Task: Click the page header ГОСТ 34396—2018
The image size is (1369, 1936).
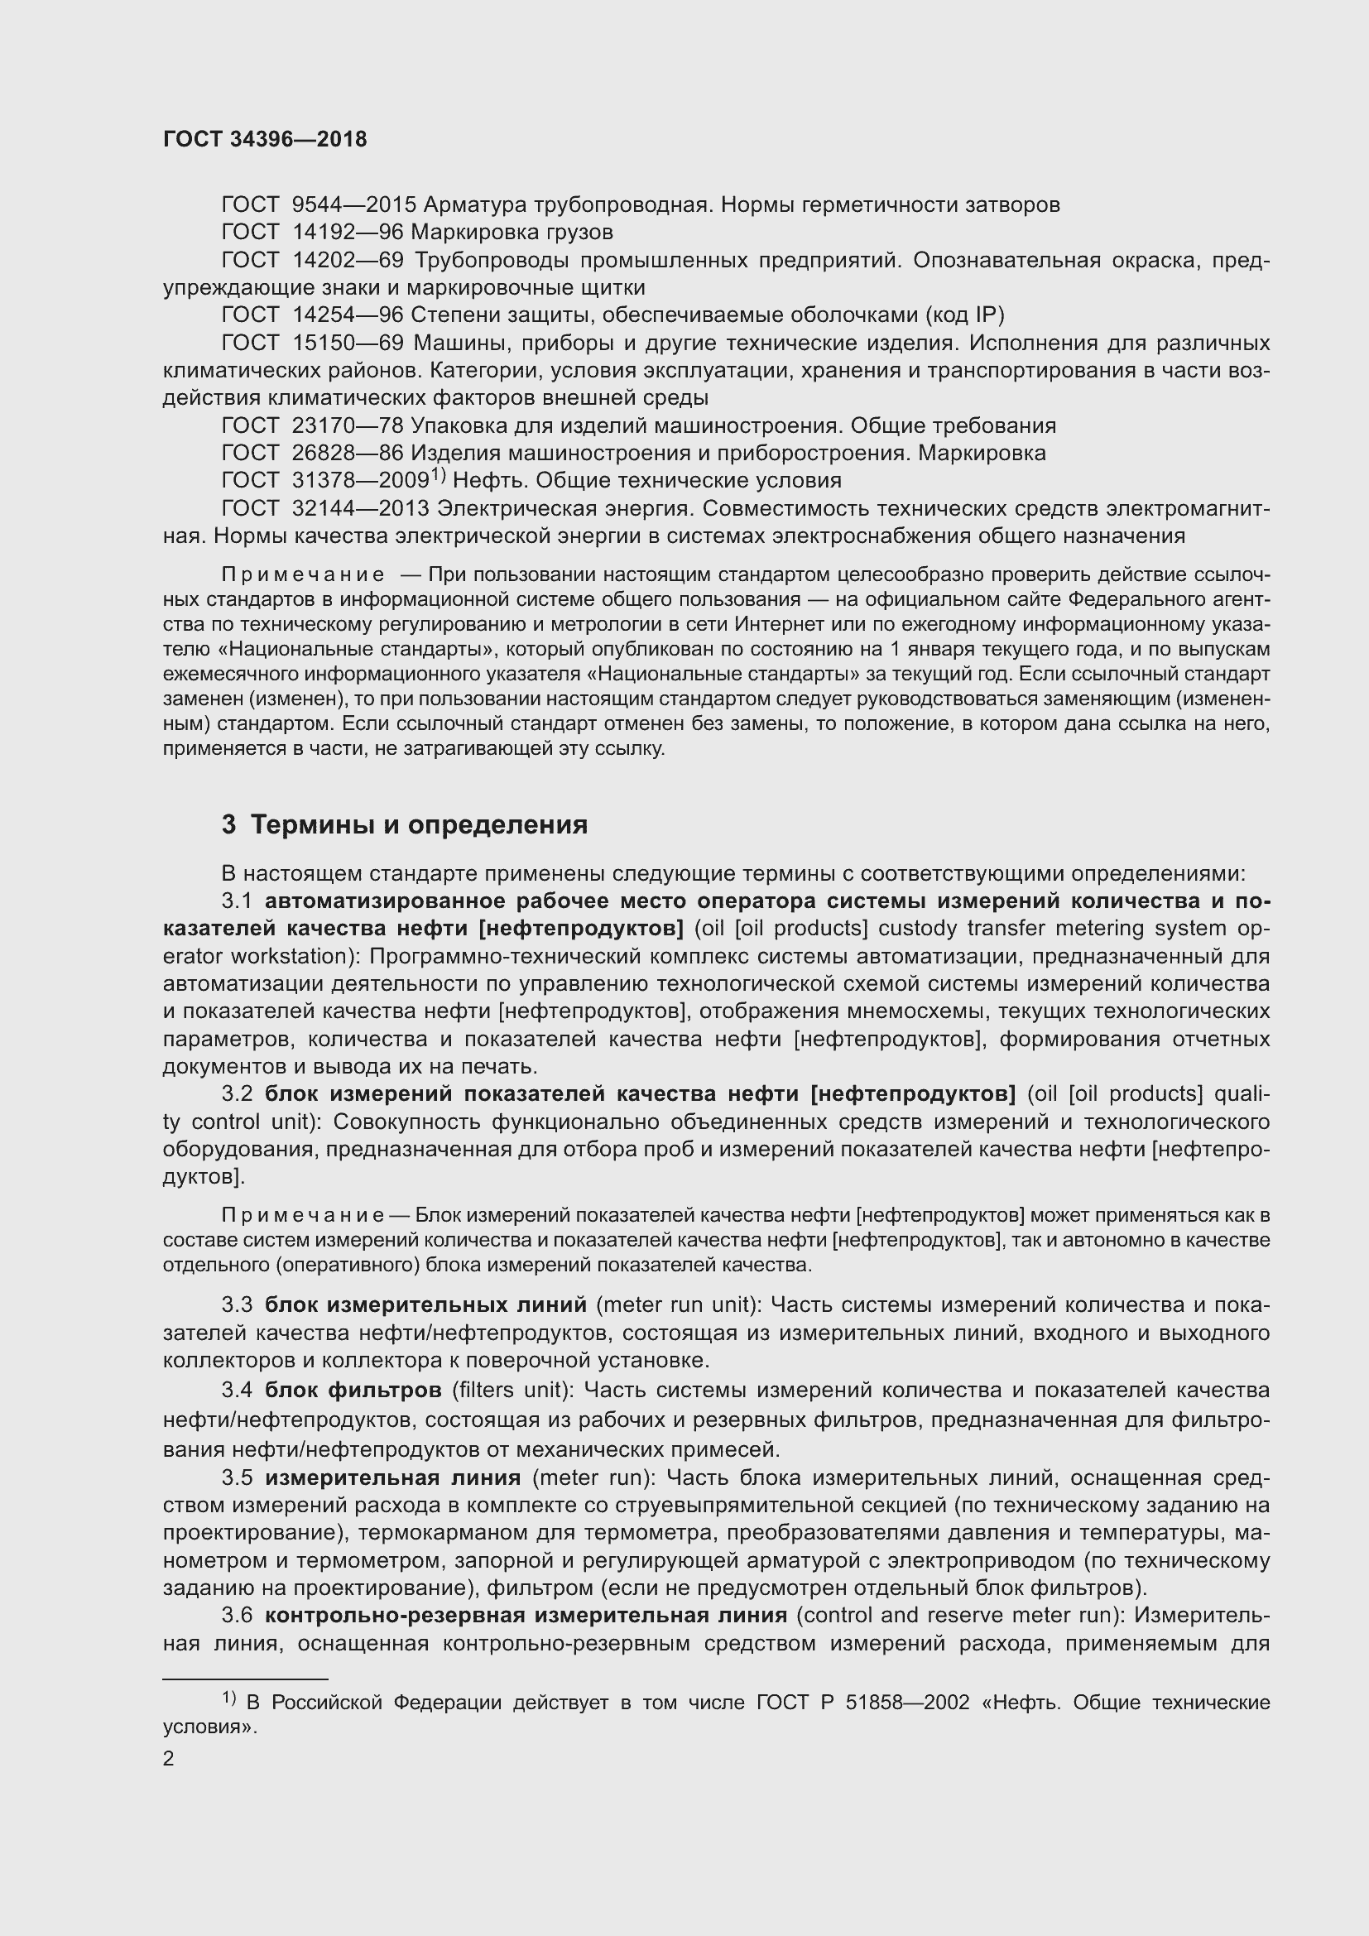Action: click(x=265, y=140)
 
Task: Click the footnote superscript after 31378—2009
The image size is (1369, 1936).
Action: click(x=439, y=476)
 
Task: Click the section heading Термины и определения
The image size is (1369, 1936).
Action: click(x=419, y=824)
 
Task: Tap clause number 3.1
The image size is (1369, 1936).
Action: click(x=237, y=901)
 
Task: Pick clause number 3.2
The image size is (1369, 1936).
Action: click(x=237, y=1093)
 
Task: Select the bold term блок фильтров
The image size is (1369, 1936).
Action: click(x=353, y=1389)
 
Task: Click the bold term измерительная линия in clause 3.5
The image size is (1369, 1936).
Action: click(x=392, y=1477)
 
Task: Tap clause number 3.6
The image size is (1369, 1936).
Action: click(x=237, y=1615)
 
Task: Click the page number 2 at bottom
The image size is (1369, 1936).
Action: click(x=169, y=1758)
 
